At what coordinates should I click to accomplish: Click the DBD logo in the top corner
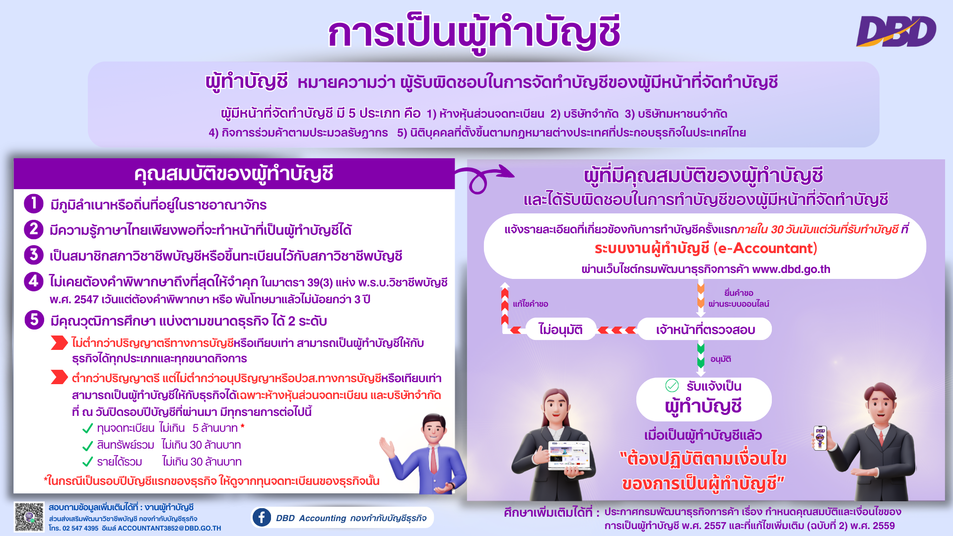[x=896, y=31]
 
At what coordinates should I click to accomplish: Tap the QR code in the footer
[x=29, y=517]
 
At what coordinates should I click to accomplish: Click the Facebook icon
[x=262, y=517]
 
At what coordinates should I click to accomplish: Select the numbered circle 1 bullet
[x=34, y=203]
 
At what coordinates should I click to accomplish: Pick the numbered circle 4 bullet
[x=34, y=281]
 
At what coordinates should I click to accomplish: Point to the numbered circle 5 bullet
[x=34, y=320]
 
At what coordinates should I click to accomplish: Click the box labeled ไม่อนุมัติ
[x=560, y=329]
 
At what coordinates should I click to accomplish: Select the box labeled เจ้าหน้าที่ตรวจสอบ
[x=705, y=329]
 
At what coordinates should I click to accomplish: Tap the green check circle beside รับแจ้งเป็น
[x=672, y=385]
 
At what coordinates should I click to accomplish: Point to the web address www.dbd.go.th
[x=791, y=269]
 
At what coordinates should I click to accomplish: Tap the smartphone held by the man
[x=820, y=438]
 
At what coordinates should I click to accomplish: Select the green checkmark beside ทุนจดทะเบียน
[x=88, y=428]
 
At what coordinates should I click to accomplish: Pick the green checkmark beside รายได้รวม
[x=88, y=462]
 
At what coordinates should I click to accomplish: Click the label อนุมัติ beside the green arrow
[x=720, y=359]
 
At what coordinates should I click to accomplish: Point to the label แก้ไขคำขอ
[x=530, y=304]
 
